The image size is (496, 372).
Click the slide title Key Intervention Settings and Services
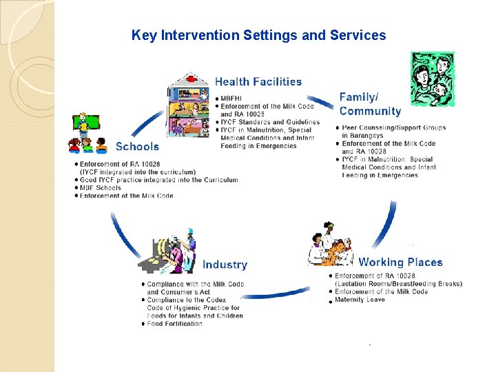tap(258, 35)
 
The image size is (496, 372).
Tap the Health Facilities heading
tap(258, 82)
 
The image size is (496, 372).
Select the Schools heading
tap(137, 146)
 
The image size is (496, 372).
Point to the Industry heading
tap(225, 265)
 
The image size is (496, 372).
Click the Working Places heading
tap(400, 262)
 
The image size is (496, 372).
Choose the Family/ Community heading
tap(370, 104)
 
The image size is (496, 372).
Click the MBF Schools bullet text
tap(100, 187)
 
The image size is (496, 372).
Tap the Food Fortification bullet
tap(175, 324)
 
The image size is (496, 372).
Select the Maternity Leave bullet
tap(360, 300)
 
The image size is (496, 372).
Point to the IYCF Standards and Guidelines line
tap(270, 122)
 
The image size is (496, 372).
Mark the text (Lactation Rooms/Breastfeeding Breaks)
tap(398, 284)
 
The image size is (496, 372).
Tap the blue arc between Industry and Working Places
tap(276, 295)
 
